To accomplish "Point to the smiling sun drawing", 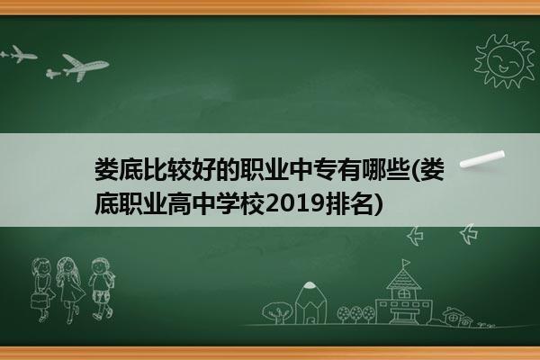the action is click(x=504, y=61).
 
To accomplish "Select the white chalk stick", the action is click(x=482, y=159).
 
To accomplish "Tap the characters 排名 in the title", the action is click(x=348, y=204).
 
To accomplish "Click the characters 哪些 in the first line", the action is click(x=384, y=170).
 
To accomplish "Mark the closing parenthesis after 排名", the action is click(x=378, y=204).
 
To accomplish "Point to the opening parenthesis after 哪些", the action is click(x=414, y=170).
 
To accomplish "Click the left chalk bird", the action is click(x=415, y=236).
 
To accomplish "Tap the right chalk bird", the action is click(x=470, y=234).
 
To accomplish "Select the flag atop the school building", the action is click(x=406, y=263).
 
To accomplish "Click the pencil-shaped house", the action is click(x=310, y=302).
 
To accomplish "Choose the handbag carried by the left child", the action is click(x=39, y=301).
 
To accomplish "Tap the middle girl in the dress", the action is click(x=70, y=290).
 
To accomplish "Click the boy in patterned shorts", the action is click(x=102, y=289).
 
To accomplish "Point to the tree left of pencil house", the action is click(x=277, y=312).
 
